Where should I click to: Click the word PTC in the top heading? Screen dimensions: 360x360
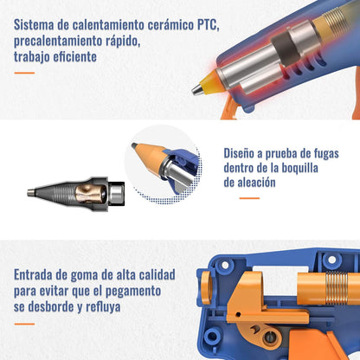[x=207, y=25]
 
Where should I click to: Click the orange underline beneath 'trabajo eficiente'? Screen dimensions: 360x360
[x=24, y=73]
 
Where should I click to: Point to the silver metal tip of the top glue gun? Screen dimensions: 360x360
[x=197, y=89]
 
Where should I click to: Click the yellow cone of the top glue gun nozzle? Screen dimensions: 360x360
[x=210, y=82]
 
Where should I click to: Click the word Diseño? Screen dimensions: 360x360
[x=239, y=153]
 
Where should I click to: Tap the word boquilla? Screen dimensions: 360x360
[x=300, y=168]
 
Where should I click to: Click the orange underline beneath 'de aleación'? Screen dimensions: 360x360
[x=249, y=198]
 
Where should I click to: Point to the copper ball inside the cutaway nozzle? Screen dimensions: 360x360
[x=90, y=193]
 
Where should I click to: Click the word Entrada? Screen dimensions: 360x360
[x=33, y=274]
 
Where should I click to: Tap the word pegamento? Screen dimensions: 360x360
[x=133, y=292]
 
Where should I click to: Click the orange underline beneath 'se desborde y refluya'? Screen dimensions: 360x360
[x=24, y=324]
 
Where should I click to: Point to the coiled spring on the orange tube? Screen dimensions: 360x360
[x=337, y=287]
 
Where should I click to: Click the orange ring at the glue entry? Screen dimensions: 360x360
[x=205, y=288]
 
